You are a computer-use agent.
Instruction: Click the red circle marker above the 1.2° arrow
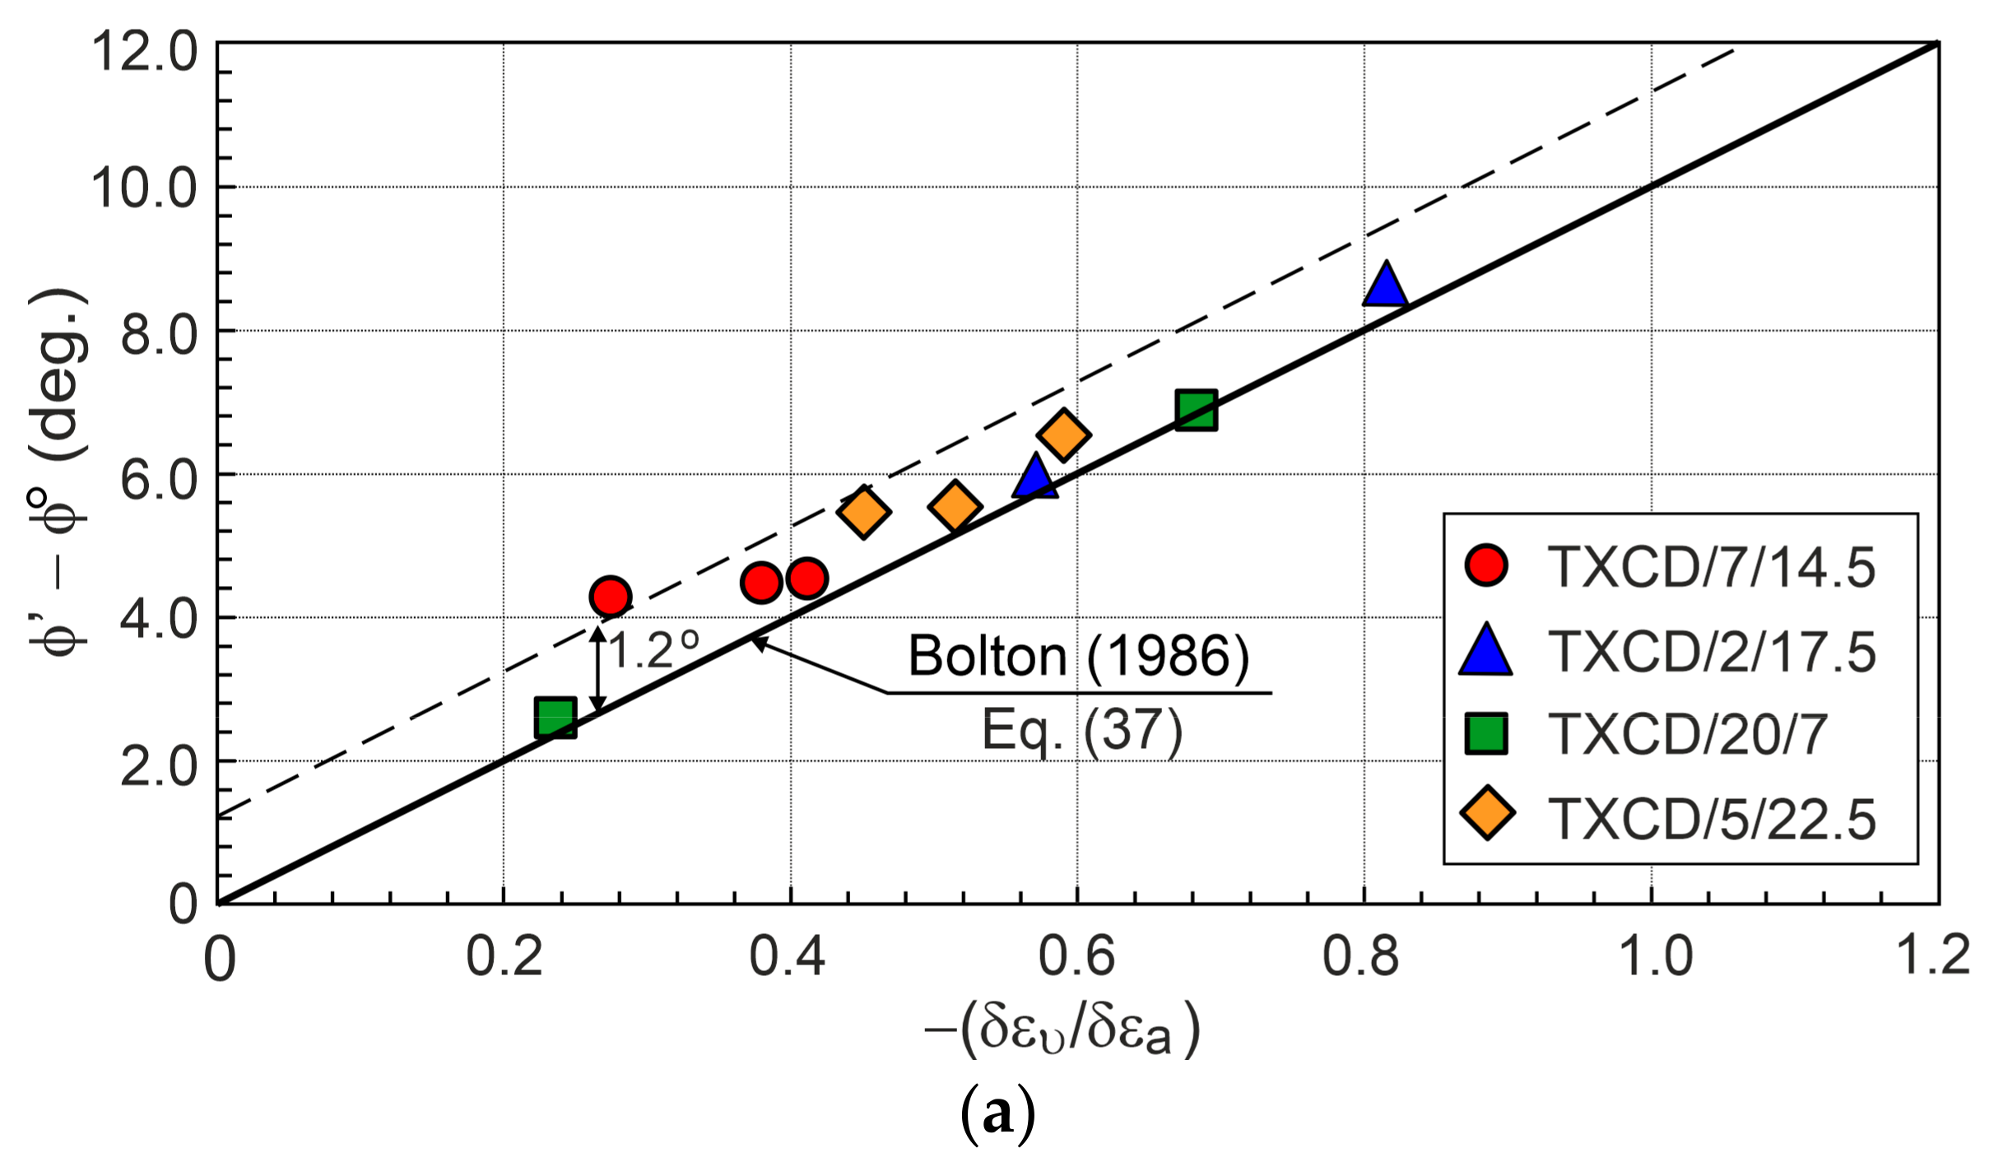coord(610,596)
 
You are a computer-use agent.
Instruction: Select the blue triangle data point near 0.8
coord(1386,286)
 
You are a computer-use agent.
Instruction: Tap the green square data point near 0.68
coord(1196,410)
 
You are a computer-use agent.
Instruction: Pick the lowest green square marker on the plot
coord(555,717)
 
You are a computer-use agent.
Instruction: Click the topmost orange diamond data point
coord(1063,434)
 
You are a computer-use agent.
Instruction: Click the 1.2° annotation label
coord(654,650)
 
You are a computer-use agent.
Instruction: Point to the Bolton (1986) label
coord(1078,657)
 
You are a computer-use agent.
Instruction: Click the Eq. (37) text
coord(1081,730)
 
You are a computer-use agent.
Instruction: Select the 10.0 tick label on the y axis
coord(145,188)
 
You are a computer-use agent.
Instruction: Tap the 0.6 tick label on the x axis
coord(1076,957)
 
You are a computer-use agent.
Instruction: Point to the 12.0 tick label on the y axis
coord(145,51)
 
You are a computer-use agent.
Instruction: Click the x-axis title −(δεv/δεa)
coord(1062,1029)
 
